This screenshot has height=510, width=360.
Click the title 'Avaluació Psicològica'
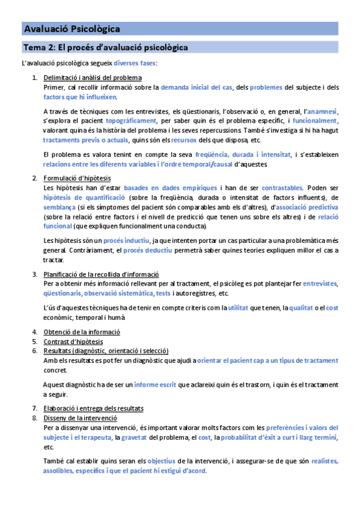[x=72, y=28]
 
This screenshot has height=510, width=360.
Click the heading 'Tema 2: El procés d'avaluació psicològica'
[x=105, y=47]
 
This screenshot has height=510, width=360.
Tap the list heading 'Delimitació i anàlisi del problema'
[x=93, y=78]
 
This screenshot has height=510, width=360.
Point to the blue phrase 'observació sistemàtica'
[x=118, y=293]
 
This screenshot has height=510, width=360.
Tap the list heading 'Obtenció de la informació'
[x=82, y=331]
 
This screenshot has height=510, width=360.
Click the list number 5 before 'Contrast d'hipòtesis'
[x=35, y=341]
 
